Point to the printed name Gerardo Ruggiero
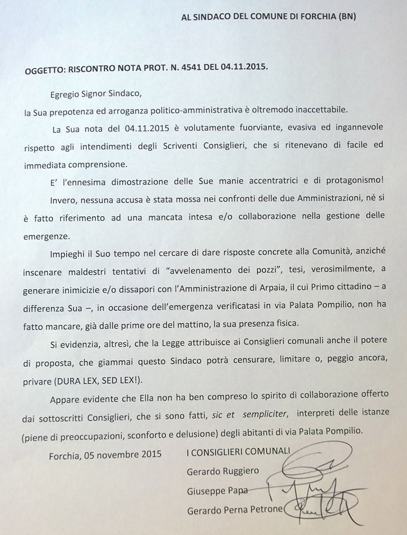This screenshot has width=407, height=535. pyautogui.click(x=223, y=471)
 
